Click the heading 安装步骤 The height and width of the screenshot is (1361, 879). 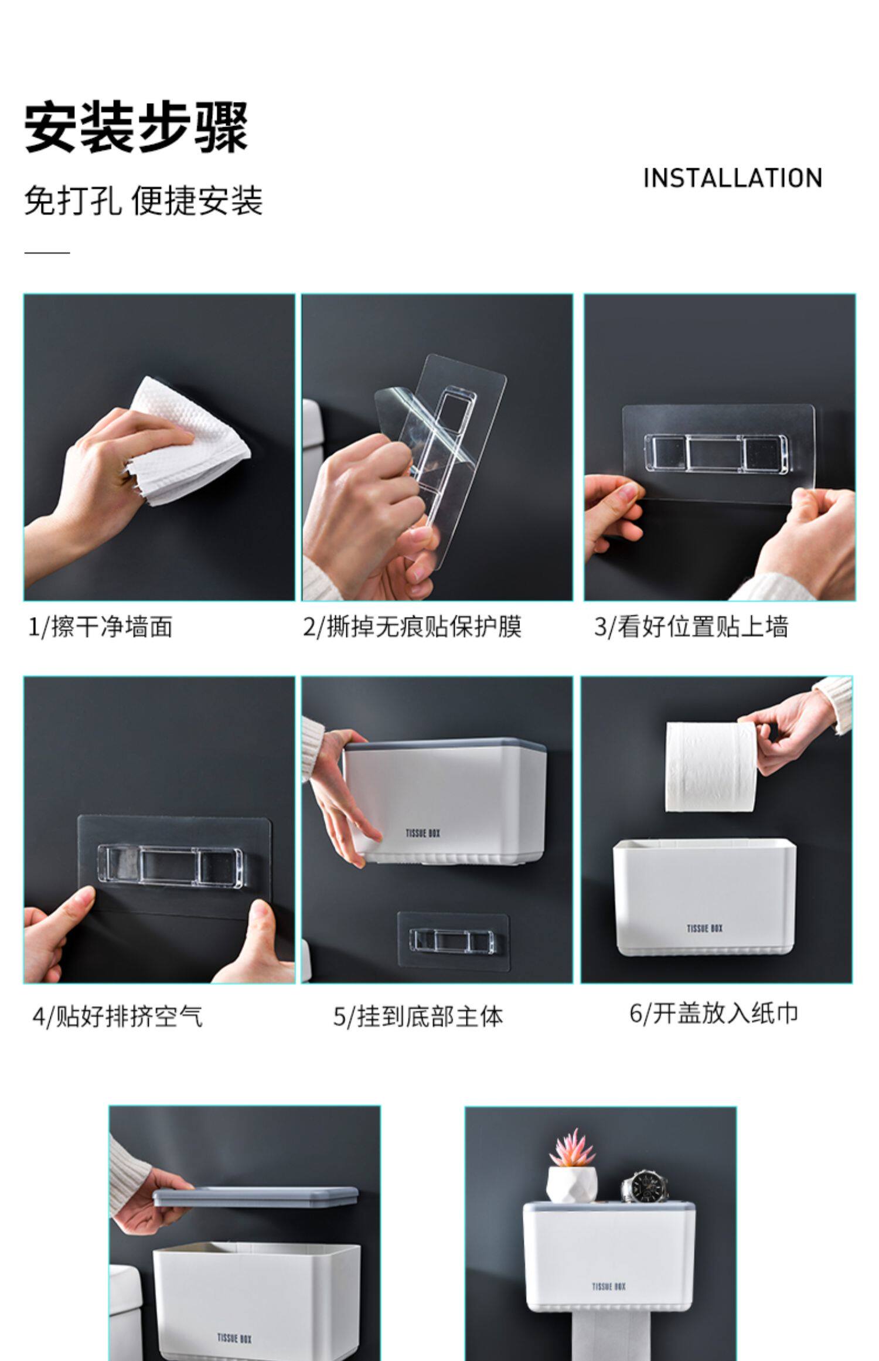point(137,127)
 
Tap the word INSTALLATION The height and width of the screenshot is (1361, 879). point(732,178)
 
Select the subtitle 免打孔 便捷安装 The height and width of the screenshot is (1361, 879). point(144,201)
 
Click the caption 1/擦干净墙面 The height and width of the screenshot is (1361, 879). point(101,627)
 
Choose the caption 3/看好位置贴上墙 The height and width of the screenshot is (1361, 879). point(691,627)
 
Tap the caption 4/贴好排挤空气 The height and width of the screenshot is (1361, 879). point(117,1016)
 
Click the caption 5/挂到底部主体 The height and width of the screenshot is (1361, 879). point(418,1016)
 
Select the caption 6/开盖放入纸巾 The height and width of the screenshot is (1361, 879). point(714,1013)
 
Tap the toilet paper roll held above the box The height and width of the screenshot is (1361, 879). point(710,767)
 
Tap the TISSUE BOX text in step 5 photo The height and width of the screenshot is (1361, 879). point(423,833)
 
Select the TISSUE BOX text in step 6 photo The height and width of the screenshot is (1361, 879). point(704,928)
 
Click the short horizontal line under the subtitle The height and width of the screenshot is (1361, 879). point(47,253)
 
